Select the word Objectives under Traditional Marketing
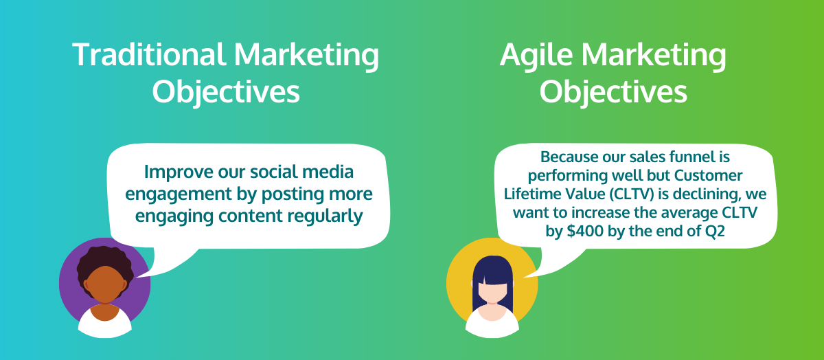(226, 91)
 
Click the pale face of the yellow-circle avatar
(492, 292)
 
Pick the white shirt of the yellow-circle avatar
(492, 324)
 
